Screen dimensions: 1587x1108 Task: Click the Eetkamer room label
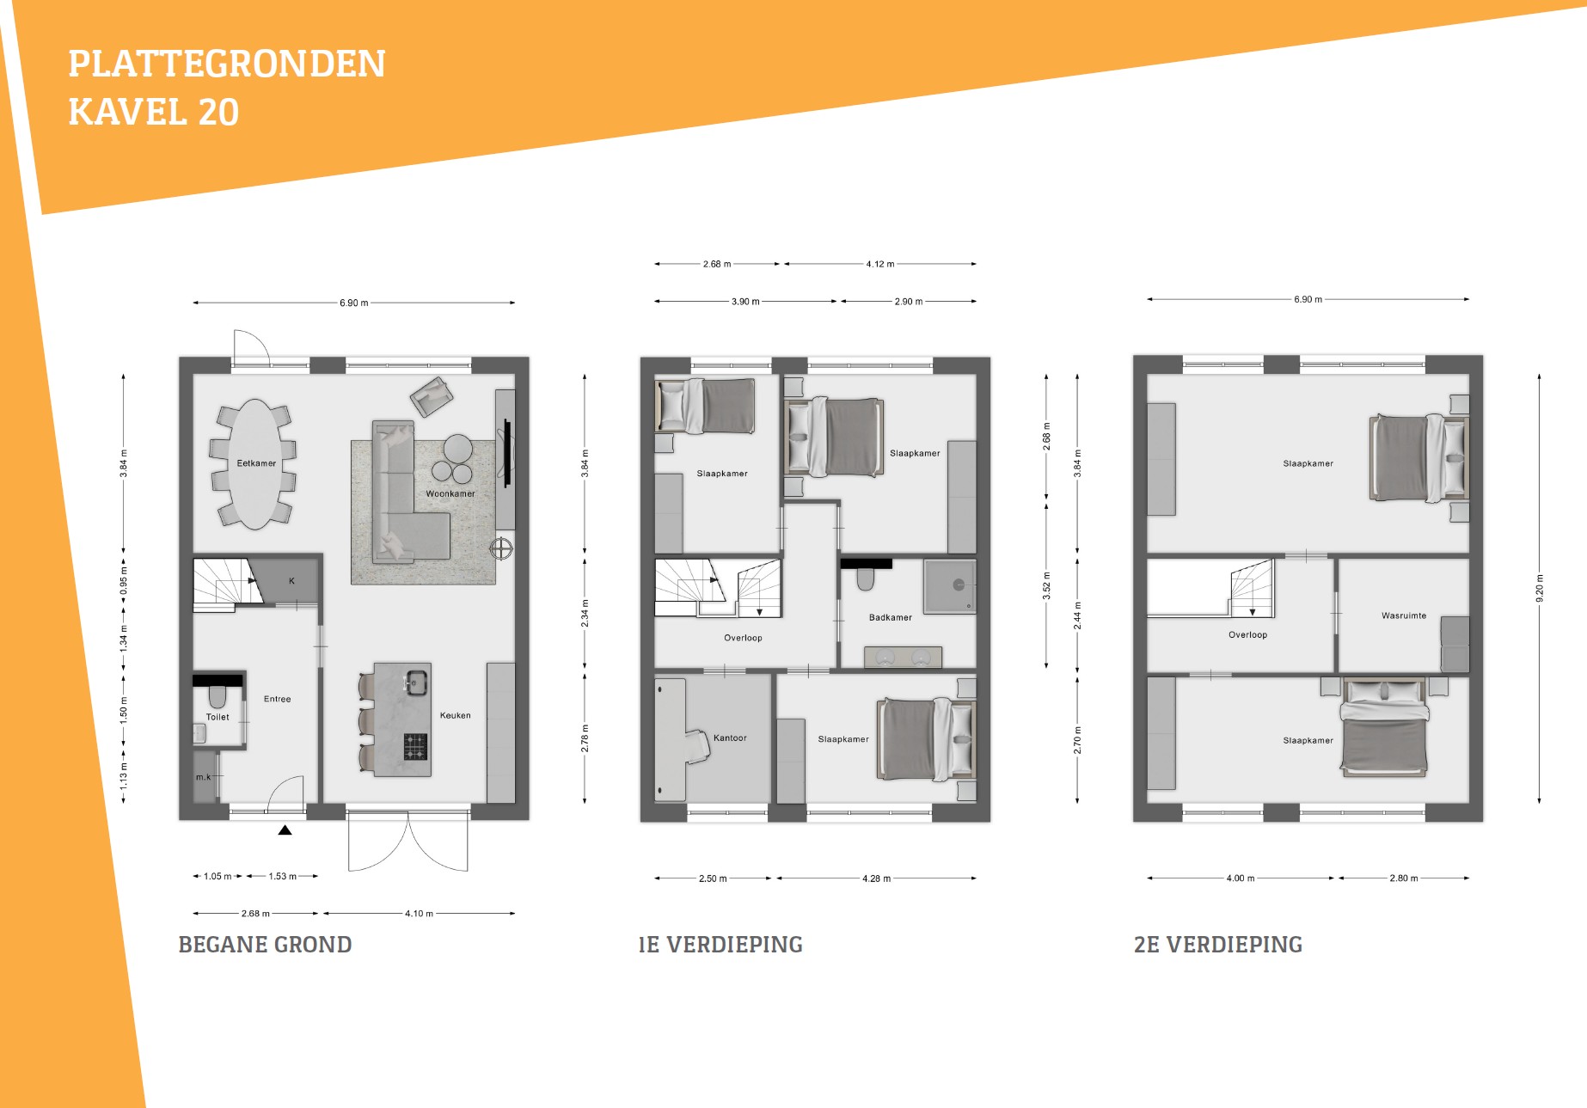point(256,463)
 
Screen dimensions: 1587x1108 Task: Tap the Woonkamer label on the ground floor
point(450,494)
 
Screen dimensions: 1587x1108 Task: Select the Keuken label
point(456,715)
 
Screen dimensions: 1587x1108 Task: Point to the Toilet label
point(218,717)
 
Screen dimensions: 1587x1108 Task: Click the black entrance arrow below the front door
point(285,830)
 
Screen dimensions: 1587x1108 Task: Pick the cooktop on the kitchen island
point(416,747)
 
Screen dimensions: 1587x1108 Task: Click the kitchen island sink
point(416,683)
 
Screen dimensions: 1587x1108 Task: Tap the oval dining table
point(256,464)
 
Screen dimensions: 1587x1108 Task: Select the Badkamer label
point(891,617)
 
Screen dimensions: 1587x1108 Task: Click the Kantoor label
point(730,738)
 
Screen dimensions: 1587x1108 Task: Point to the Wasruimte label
point(1404,615)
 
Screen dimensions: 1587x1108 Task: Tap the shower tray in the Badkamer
point(950,586)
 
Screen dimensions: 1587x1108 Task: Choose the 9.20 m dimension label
point(1540,589)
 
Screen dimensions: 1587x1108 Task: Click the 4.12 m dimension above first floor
point(880,264)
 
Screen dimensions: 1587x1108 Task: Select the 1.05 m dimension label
point(218,877)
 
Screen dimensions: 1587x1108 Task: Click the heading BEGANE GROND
point(265,945)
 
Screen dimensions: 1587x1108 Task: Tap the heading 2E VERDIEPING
point(1218,945)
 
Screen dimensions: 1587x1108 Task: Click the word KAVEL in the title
point(127,113)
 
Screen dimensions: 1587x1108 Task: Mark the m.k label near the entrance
point(203,777)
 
